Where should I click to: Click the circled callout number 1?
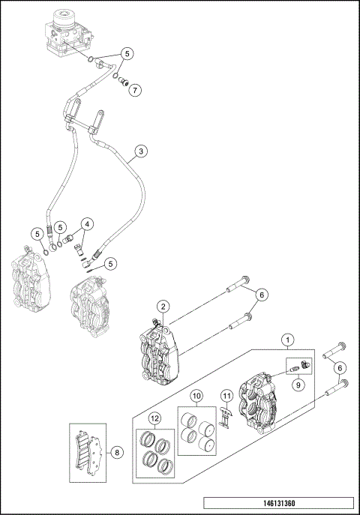click(x=286, y=340)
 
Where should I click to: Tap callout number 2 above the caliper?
click(x=163, y=306)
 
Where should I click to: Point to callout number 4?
click(x=88, y=223)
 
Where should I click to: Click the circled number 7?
click(x=135, y=91)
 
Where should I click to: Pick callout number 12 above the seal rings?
click(x=154, y=418)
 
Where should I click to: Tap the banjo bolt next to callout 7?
click(x=124, y=81)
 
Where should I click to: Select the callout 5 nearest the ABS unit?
click(x=127, y=54)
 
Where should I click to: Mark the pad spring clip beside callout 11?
click(x=224, y=419)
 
